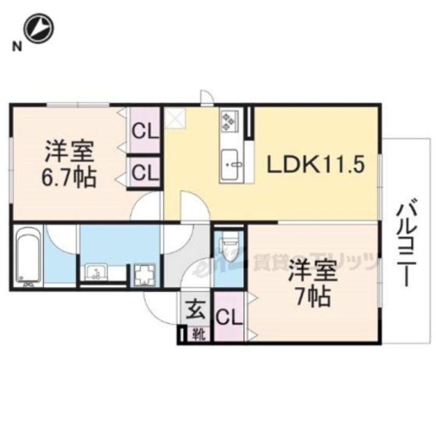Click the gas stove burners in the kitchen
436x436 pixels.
click(x=231, y=119)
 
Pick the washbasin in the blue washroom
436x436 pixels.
click(x=96, y=272)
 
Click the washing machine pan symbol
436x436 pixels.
click(x=145, y=274)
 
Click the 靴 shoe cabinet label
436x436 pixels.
click(x=199, y=332)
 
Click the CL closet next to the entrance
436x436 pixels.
click(x=229, y=317)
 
